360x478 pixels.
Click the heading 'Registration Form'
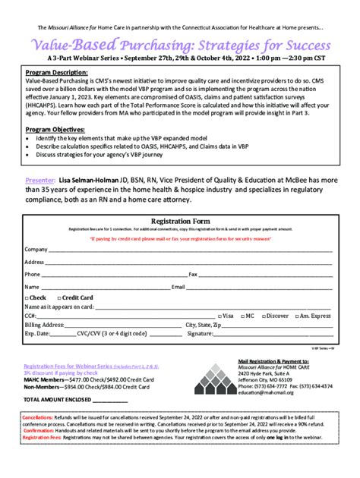point(180,221)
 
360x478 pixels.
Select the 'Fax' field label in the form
point(193,274)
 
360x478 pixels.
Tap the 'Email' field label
point(178,287)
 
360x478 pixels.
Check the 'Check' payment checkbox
point(27,298)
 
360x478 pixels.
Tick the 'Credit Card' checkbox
point(58,298)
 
